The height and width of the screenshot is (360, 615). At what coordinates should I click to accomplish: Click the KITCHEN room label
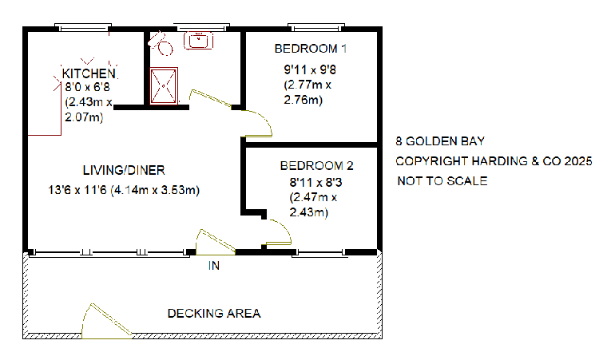pos(84,73)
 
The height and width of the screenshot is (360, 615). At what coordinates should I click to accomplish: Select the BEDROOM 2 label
pos(316,167)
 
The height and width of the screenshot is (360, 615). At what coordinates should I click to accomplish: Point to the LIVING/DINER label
pos(123,170)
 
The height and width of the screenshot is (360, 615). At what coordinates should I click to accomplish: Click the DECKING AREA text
pos(213,313)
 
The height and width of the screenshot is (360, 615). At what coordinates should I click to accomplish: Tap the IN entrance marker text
pos(213,266)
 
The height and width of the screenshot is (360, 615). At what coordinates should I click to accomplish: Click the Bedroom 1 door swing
pos(260,122)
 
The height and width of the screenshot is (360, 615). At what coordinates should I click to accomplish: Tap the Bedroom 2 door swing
pos(280,232)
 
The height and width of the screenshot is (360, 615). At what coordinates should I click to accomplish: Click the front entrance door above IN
pos(213,241)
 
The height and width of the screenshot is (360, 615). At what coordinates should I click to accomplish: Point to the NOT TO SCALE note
pos(442,181)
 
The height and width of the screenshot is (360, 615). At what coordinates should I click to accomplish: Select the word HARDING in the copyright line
pos(486,161)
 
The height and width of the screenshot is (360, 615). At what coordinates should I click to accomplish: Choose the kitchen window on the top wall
pos(84,28)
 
